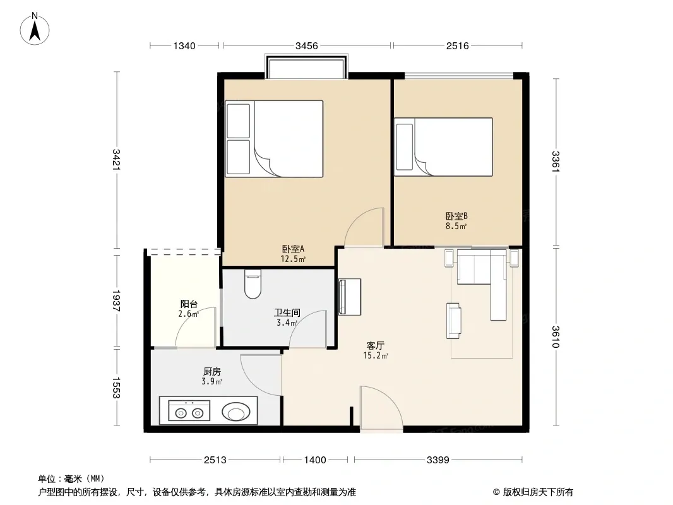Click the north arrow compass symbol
pos(35,29)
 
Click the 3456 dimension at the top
pos(306,45)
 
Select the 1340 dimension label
pos(184,45)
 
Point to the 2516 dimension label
pos(457,45)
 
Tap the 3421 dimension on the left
pos(116,159)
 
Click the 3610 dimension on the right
pos(556,337)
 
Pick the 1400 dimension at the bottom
pos(315,460)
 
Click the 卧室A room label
pos(293,249)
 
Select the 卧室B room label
pos(456,217)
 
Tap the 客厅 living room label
pos(376,345)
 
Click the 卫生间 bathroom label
pos(287,312)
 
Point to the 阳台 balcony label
pos(189,304)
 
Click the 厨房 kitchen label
pos(212,372)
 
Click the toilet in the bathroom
pos(253,283)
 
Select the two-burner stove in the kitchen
pos(189,410)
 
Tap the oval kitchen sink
pos(236,412)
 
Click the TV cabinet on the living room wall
pos(349,297)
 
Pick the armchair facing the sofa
pos(454,321)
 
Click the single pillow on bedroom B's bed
pos(404,146)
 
